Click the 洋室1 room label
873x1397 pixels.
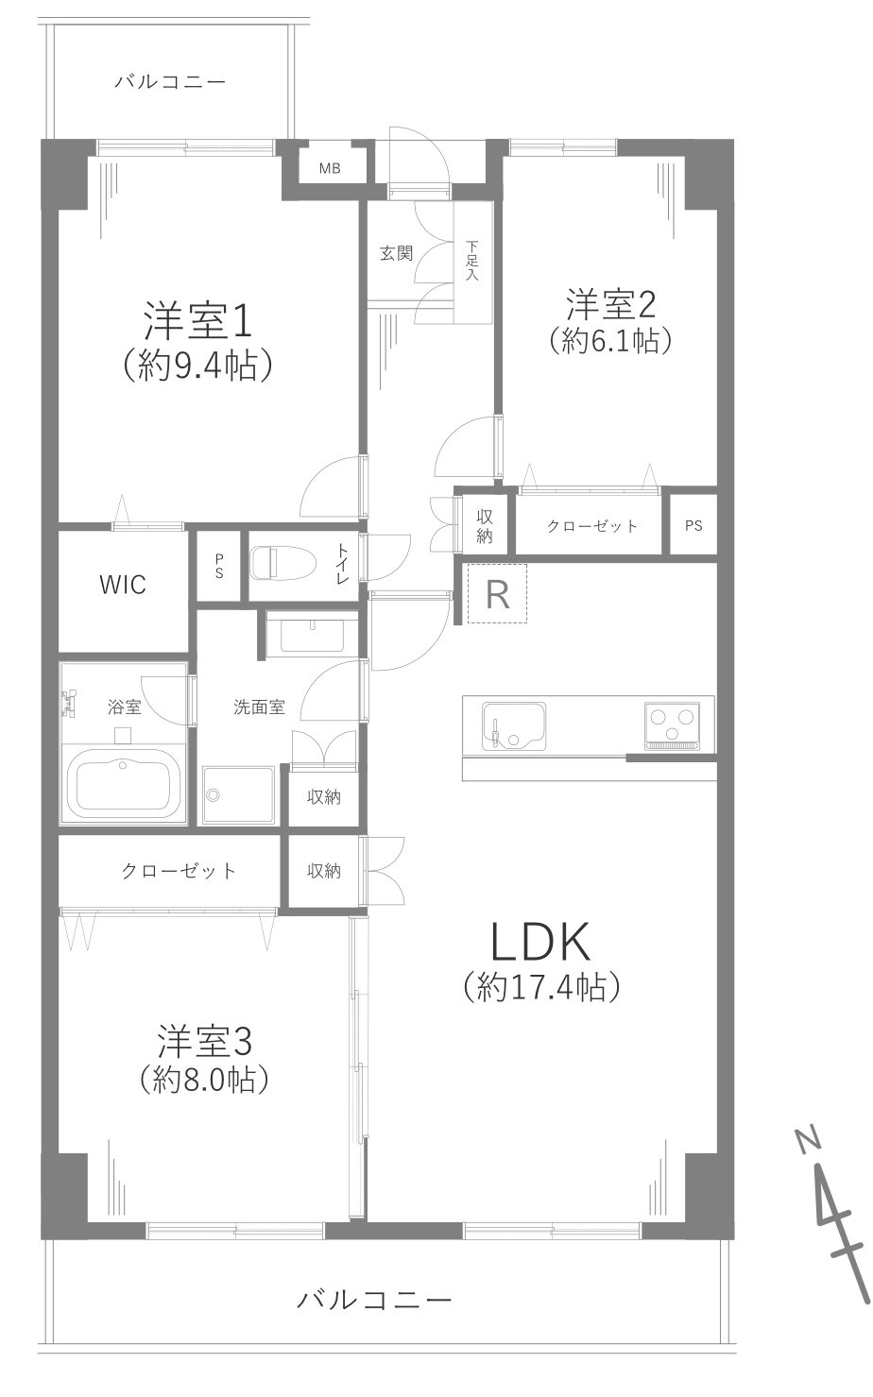[197, 322]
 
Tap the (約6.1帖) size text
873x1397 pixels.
[610, 340]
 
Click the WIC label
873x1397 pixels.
[123, 585]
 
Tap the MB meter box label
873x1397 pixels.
[329, 169]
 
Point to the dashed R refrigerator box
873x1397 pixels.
[498, 594]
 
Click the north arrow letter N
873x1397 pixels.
[807, 1140]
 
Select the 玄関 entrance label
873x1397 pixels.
[396, 253]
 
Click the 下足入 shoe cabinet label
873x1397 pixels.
[472, 262]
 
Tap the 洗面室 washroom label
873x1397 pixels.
[259, 707]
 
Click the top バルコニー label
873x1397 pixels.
[170, 82]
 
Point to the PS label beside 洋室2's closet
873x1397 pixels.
[693, 526]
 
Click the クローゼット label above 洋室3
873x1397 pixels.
[179, 871]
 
